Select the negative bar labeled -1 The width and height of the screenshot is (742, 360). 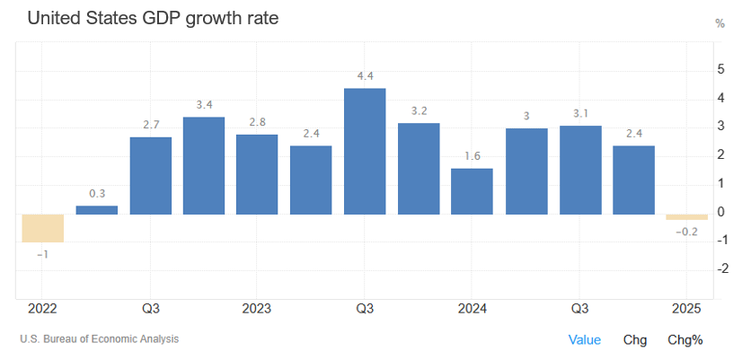coord(43,228)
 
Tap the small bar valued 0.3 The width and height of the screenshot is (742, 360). coord(96,210)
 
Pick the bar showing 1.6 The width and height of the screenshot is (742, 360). coord(472,191)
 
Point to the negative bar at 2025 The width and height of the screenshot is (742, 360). coord(686,217)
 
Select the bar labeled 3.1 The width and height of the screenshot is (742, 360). coord(580,170)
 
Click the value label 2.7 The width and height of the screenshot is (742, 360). coord(150,124)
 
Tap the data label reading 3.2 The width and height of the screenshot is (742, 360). coord(419,110)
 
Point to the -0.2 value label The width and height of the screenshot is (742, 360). coord(686,233)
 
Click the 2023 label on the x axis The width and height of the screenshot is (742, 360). coord(257,309)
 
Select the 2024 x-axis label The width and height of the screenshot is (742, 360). coord(472,309)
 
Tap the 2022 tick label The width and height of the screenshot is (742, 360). coord(42,309)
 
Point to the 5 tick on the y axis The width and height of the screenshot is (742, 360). coord(720,68)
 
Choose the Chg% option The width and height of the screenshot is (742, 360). coord(685,339)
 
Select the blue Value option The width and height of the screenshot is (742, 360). coord(584,339)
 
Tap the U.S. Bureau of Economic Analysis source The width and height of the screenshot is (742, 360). coord(99,339)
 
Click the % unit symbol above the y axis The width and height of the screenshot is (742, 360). coord(720,23)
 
